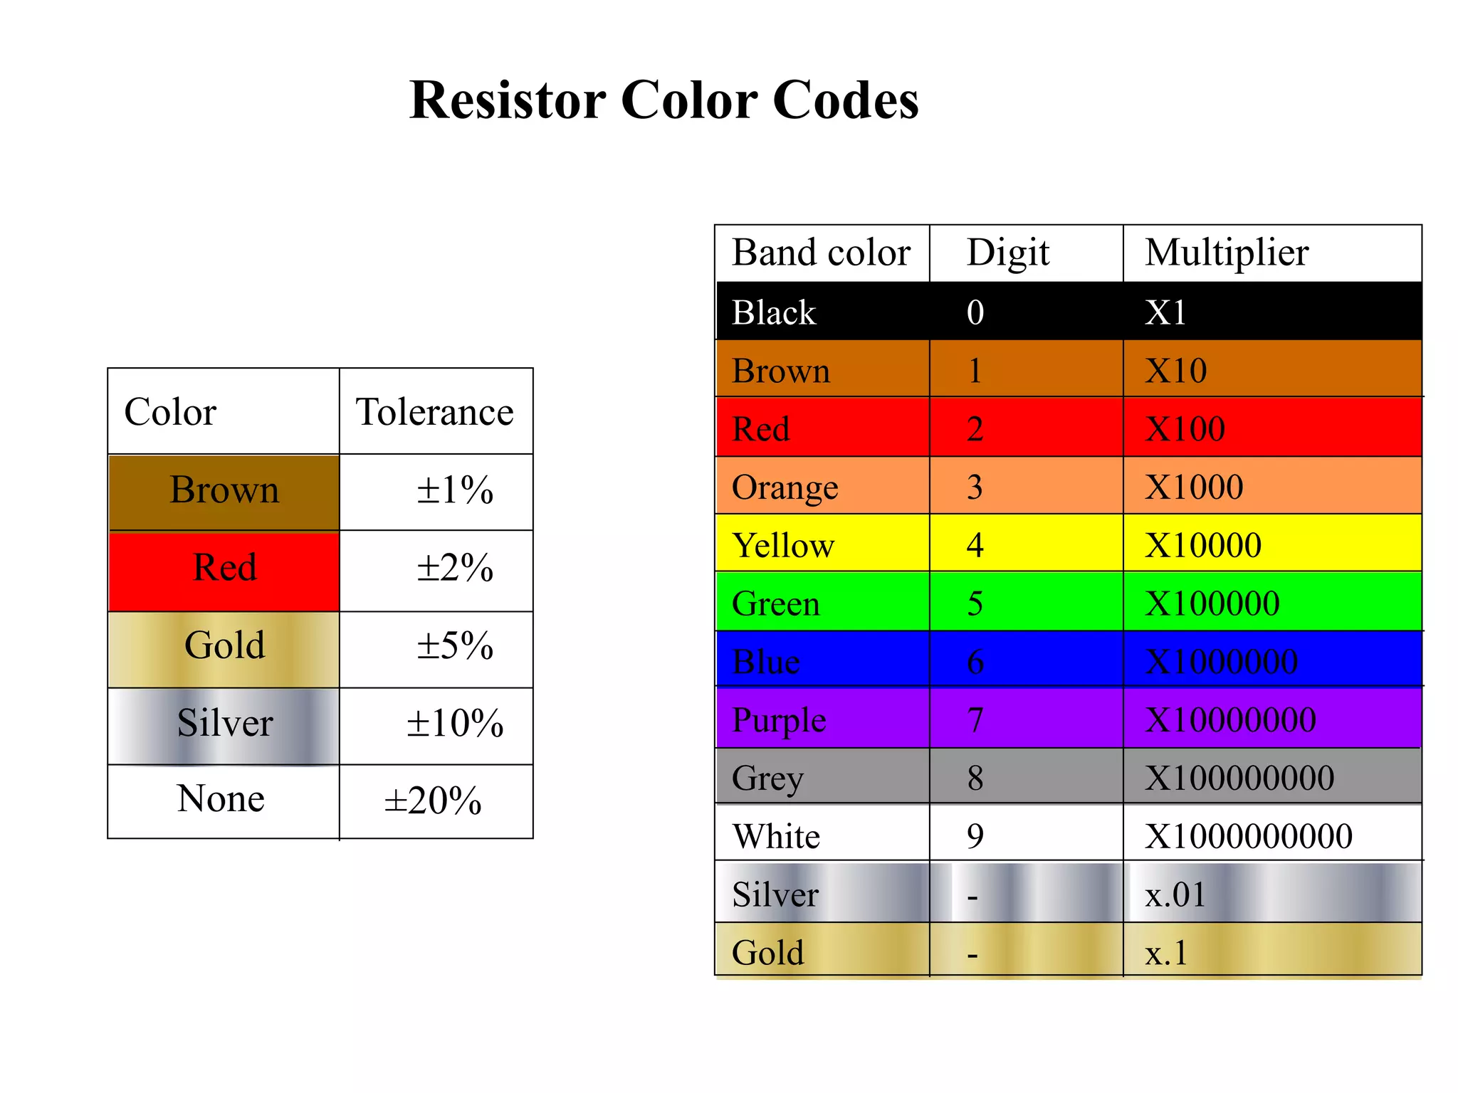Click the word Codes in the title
tap(845, 100)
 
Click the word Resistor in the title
tap(508, 100)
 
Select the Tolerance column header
tap(434, 412)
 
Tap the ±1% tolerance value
tap(454, 490)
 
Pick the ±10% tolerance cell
tap(454, 724)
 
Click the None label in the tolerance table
tap(221, 798)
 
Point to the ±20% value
tap(432, 801)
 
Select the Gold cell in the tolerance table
tap(224, 645)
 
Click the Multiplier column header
tap(1226, 253)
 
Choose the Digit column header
tap(1007, 253)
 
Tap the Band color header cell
tap(821, 253)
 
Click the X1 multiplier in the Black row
tap(1165, 312)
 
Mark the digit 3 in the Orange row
tap(975, 487)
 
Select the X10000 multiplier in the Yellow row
tap(1203, 546)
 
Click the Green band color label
tap(775, 604)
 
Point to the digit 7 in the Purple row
tap(975, 720)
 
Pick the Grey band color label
tap(767, 778)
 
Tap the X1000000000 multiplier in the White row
tap(1248, 836)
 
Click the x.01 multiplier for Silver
tap(1175, 894)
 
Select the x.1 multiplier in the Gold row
tap(1166, 953)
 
